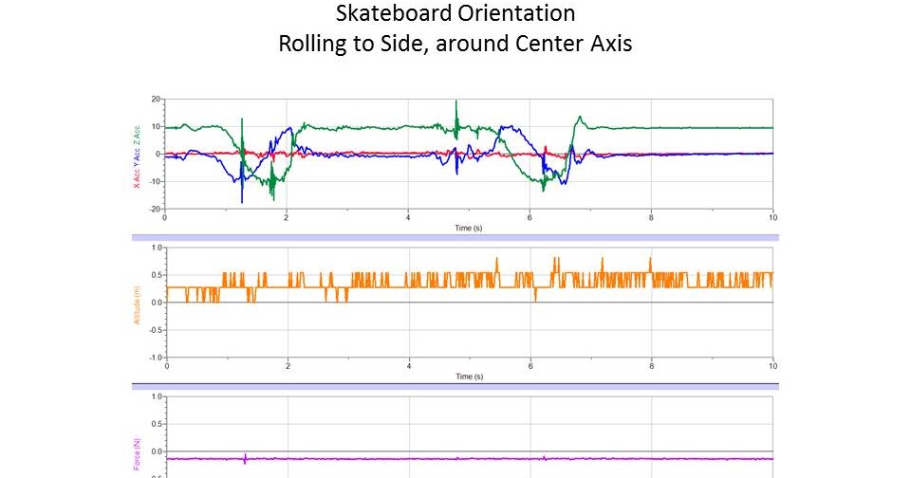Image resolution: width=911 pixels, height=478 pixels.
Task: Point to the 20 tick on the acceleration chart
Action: click(155, 99)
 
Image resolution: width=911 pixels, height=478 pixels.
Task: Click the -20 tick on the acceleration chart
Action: click(153, 208)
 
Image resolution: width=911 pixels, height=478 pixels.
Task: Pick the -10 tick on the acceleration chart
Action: click(153, 181)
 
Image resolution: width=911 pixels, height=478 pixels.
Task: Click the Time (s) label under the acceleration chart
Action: click(469, 229)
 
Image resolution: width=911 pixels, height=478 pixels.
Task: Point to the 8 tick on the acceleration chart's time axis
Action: click(651, 217)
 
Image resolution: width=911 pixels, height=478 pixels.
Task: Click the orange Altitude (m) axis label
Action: click(137, 307)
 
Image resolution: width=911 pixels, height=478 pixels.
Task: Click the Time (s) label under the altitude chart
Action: click(469, 377)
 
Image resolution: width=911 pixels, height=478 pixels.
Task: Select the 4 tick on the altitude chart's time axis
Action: click(409, 365)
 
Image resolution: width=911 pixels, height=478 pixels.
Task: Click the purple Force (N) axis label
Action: click(137, 456)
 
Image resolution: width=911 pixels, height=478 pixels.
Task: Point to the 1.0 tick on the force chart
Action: click(157, 395)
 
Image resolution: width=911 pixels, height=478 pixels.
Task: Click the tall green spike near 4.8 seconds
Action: click(456, 104)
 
